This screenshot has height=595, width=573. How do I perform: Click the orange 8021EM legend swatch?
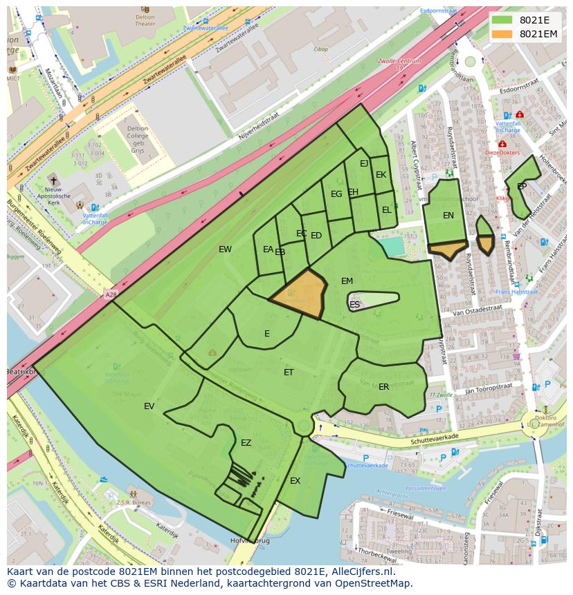pos(503,34)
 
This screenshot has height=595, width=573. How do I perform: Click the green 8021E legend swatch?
pos(503,20)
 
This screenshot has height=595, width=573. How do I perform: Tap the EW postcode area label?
pos(225,249)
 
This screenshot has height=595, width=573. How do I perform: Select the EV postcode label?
pos(149,406)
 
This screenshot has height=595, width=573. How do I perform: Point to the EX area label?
pos(295,481)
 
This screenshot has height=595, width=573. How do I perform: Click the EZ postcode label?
pos(246,443)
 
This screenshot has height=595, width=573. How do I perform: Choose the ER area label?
pos(384,387)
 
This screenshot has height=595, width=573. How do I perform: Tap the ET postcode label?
pos(289,372)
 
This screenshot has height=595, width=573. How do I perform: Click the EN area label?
pos(448,216)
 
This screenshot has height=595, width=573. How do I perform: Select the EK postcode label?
pos(381,175)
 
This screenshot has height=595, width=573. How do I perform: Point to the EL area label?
pos(386,209)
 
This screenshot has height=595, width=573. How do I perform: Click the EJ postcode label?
pos(364,164)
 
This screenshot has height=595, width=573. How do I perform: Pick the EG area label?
pos(336,194)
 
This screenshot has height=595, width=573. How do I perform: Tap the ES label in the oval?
pos(354,305)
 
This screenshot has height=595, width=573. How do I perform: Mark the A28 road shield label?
pos(111,295)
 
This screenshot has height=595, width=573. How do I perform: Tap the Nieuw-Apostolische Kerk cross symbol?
pos(54,179)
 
